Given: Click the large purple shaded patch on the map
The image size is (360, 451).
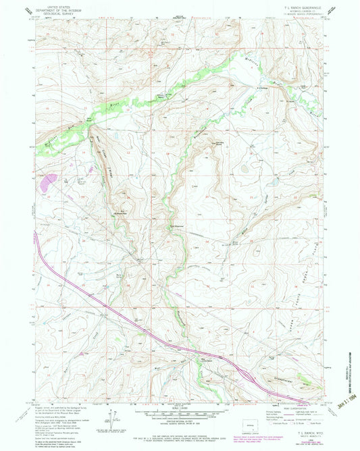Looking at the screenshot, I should (x=49, y=180).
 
